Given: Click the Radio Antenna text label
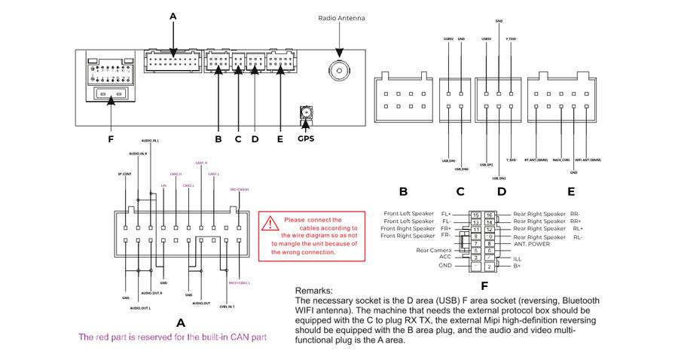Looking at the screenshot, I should click(x=341, y=18).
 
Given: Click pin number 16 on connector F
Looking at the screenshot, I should click(x=489, y=215).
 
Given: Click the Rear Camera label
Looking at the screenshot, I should click(x=434, y=250).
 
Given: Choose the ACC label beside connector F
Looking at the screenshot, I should click(x=445, y=257).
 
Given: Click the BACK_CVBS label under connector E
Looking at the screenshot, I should click(x=561, y=160).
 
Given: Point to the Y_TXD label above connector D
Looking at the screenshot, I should click(x=512, y=38).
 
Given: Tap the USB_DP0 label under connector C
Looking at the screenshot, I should click(x=450, y=160).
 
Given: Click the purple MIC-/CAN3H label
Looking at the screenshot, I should click(x=239, y=190).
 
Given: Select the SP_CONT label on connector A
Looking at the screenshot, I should click(x=125, y=174).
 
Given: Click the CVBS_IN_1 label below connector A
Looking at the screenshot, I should click(x=228, y=307).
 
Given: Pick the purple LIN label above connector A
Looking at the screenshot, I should click(x=163, y=185).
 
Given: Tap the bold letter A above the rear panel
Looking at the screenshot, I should click(x=173, y=16).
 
